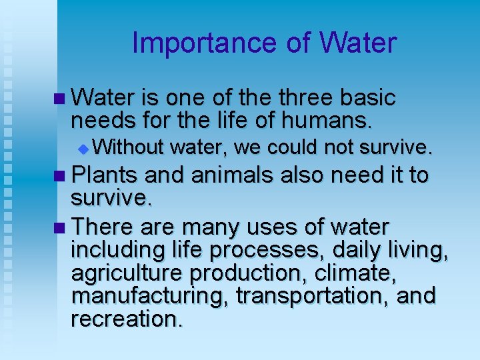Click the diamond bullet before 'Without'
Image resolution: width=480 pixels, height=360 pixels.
coord(82,147)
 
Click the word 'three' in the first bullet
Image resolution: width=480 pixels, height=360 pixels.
coord(307,99)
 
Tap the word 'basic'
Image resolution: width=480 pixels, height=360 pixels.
coord(367,99)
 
